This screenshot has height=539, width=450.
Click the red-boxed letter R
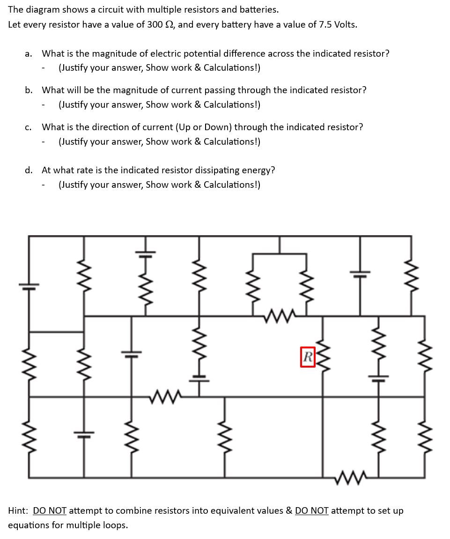point(308,357)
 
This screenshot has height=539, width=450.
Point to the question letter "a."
point(29,54)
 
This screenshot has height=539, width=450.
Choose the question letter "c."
point(29,127)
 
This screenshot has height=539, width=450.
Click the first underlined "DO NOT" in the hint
point(50,510)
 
